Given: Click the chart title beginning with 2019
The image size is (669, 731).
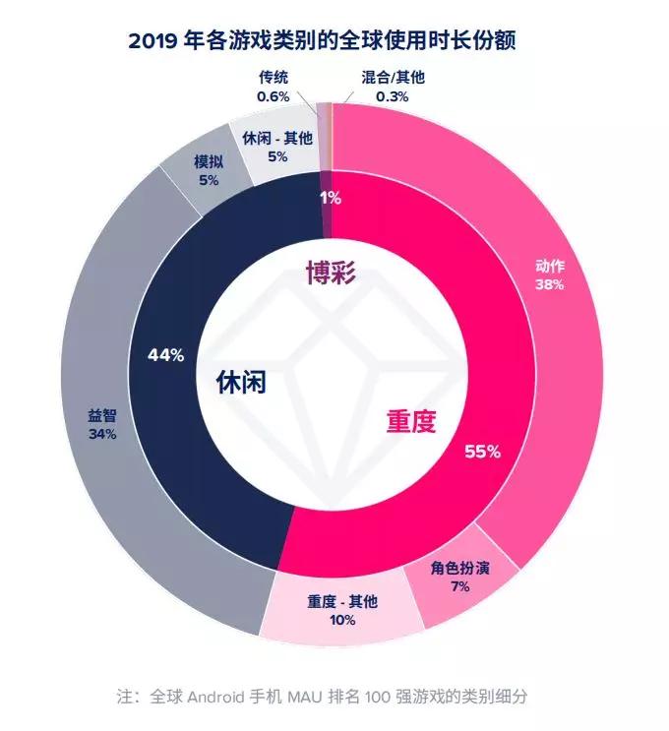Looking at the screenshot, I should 335,40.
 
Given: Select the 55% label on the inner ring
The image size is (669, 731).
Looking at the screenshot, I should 482,452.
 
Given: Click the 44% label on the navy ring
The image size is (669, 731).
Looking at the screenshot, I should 165,355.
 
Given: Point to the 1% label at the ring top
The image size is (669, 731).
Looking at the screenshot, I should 331,198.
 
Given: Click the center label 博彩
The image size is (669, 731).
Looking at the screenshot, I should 329,273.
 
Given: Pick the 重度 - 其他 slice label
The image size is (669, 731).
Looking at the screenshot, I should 341,602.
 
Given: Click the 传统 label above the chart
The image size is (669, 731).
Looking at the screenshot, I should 274,78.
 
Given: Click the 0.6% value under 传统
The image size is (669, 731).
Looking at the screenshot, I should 274,96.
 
